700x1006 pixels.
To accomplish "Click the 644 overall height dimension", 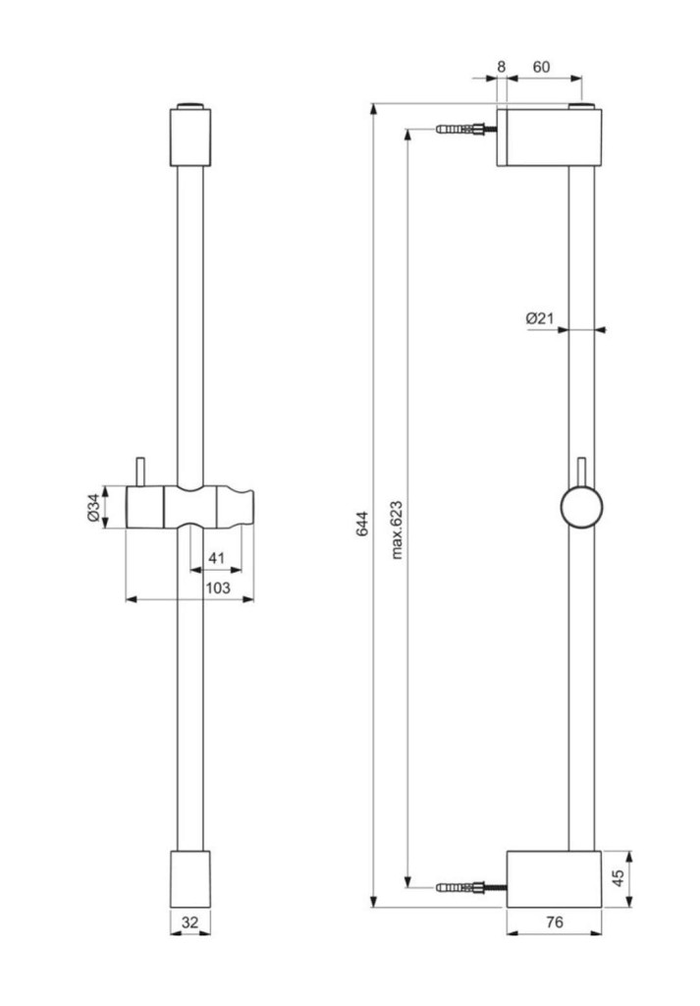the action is coord(363,524).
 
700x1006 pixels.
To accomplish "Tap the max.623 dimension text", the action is coord(397,530).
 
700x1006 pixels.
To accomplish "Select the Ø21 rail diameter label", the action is coord(540,317).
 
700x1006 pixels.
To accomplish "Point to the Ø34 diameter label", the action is coord(93,508).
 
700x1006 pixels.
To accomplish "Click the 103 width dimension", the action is coord(217,587).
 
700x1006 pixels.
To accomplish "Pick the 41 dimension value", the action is coord(217,558).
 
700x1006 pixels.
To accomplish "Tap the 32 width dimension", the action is coord(189,922).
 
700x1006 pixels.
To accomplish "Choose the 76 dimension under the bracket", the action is coord(555,922).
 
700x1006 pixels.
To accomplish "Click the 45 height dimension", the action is coord(619,878).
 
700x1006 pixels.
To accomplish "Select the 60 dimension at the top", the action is coord(541,67).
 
